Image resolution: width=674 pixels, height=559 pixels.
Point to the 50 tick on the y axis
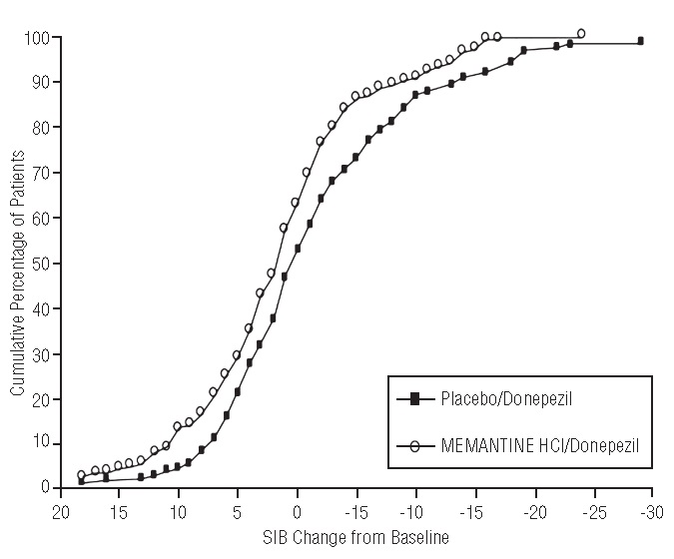point(41,264)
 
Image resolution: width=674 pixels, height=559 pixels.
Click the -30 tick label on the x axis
point(653,510)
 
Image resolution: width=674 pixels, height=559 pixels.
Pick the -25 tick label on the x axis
point(594,510)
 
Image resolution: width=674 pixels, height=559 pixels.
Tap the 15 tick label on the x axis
point(119,510)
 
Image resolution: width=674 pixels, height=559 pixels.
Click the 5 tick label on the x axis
point(238,510)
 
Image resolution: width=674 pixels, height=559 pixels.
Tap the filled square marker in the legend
point(413,399)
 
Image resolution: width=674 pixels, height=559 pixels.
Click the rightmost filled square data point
point(640,41)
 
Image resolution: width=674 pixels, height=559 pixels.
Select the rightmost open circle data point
point(581,33)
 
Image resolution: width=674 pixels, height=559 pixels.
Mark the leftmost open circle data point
point(82,475)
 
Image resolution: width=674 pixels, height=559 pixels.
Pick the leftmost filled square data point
point(82,481)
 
